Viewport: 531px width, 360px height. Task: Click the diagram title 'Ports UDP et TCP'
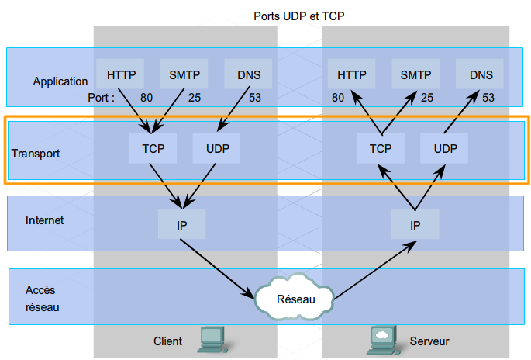pos(300,15)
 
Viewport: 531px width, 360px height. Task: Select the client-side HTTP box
pos(121,75)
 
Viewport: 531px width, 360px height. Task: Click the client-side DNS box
pos(248,75)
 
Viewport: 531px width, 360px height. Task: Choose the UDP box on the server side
pos(445,147)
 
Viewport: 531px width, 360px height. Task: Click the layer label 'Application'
pos(60,81)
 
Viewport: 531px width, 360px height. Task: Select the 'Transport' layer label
pos(36,154)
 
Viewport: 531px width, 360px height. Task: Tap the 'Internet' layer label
pos(45,220)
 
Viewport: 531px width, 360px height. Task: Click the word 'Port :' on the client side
pos(102,98)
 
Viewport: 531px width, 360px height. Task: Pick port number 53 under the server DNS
pos(488,98)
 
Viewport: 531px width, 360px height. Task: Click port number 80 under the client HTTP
pos(147,98)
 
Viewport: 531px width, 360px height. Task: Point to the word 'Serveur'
pos(429,341)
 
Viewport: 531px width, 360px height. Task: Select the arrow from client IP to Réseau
pos(218,267)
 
